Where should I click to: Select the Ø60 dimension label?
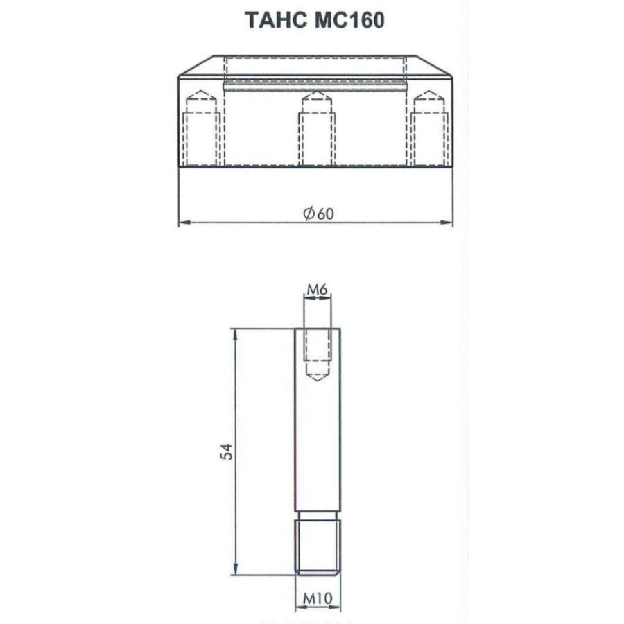point(318,214)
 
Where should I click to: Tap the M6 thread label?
point(317,289)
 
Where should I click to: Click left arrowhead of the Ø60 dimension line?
point(183,223)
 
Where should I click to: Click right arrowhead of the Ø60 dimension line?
point(449,223)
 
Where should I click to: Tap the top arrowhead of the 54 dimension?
point(236,333)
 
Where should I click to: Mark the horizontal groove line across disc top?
point(315,85)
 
